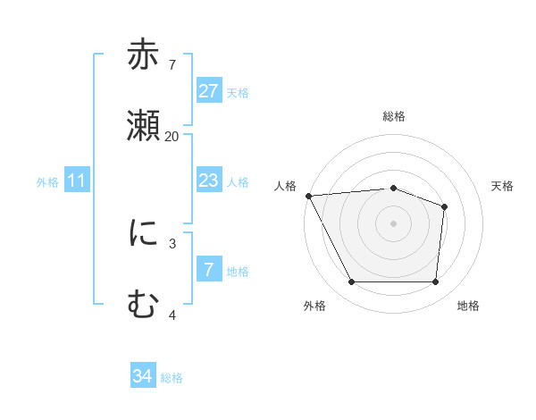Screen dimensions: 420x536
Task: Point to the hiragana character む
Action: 144,305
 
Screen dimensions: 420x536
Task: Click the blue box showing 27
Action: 208,90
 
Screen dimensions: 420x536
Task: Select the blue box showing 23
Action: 208,181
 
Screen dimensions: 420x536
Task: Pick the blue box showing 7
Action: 208,269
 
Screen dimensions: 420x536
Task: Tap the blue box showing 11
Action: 77,181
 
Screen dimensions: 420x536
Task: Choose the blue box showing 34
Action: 143,377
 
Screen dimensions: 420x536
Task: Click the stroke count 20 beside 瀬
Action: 172,137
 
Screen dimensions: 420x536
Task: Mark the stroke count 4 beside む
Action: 172,315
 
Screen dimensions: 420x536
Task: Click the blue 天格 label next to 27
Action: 238,92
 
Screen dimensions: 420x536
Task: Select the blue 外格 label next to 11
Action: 47,182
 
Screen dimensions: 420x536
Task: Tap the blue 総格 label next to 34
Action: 172,378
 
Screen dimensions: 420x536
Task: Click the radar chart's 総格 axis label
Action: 393,116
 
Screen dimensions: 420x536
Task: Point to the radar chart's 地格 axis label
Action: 468,306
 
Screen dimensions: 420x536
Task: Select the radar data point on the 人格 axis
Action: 308,196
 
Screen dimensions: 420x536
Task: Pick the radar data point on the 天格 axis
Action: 444,207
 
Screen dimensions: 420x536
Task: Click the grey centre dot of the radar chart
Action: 393,223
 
